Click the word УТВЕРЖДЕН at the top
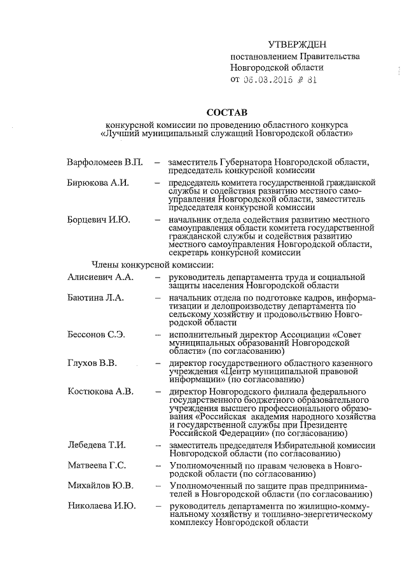pyautogui.click(x=297, y=44)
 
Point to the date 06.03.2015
pyautogui.click(x=264, y=80)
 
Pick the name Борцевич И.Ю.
pyautogui.click(x=99, y=220)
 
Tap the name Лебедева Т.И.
pyautogui.click(x=98, y=446)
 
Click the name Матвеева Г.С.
pyautogui.click(x=97, y=466)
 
